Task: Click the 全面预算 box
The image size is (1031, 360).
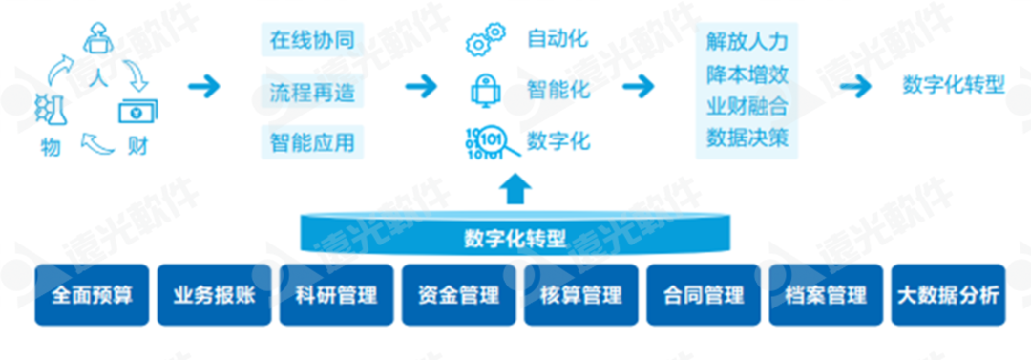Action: pyautogui.click(x=92, y=295)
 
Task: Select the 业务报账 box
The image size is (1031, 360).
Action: pyautogui.click(x=214, y=295)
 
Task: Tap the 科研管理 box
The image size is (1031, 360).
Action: pyautogui.click(x=336, y=295)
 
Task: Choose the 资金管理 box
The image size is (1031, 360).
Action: pyautogui.click(x=458, y=295)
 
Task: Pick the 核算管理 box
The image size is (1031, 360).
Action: pyautogui.click(x=580, y=295)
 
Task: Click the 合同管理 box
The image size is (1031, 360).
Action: pyautogui.click(x=703, y=295)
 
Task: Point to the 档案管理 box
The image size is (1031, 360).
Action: pyautogui.click(x=825, y=295)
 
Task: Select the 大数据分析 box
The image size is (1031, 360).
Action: pyautogui.click(x=947, y=295)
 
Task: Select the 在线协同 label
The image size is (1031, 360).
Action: pyautogui.click(x=312, y=40)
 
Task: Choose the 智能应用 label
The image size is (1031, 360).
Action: pyautogui.click(x=312, y=142)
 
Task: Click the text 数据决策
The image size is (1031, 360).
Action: pyautogui.click(x=747, y=137)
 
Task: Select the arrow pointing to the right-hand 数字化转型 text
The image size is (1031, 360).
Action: pyautogui.click(x=855, y=86)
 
